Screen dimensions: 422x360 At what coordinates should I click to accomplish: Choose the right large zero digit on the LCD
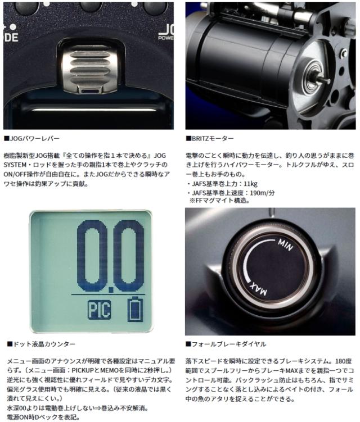130,256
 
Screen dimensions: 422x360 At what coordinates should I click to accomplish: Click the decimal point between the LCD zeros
111,287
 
